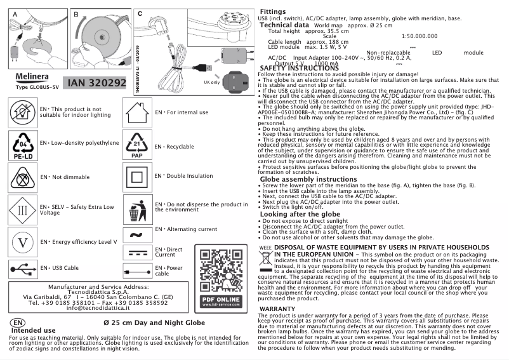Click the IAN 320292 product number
[96, 83]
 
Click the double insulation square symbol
[136, 177]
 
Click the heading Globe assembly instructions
[300, 180]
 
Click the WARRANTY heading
[278, 309]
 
